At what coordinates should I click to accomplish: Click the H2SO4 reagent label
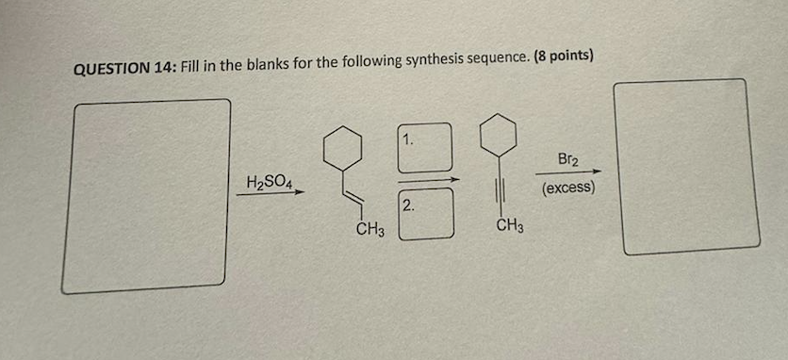pyautogui.click(x=269, y=180)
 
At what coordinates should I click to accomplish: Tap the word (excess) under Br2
pyautogui.click(x=568, y=188)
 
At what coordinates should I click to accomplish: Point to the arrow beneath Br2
pyautogui.click(x=568, y=172)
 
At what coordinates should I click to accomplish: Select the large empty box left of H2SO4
pyautogui.click(x=146, y=195)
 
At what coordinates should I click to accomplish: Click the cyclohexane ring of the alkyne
pyautogui.click(x=497, y=135)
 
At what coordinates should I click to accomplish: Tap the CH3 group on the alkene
pyautogui.click(x=370, y=230)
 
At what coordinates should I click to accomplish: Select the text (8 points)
pyautogui.click(x=563, y=56)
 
